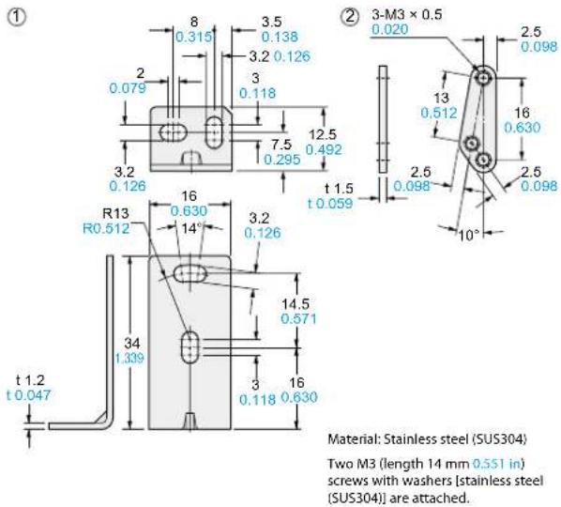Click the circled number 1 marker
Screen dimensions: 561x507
(x=17, y=17)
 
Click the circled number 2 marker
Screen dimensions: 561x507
(x=350, y=16)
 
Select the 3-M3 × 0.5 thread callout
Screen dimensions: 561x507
(x=407, y=15)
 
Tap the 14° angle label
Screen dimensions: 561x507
(x=191, y=228)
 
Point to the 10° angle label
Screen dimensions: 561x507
(x=469, y=235)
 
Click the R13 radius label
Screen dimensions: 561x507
(x=115, y=214)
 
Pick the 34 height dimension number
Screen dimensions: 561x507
(x=132, y=344)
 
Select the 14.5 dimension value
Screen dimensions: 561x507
(x=296, y=304)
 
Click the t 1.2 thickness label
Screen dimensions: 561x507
(x=31, y=380)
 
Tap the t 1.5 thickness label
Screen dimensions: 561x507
(x=339, y=189)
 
